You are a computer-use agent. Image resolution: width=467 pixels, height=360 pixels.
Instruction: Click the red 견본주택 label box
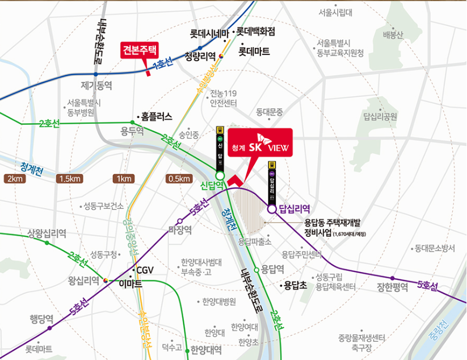tap(142, 49)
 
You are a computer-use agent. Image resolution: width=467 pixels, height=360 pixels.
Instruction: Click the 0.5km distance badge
tap(179, 179)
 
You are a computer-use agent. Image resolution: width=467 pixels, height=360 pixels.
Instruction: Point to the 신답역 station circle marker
tap(220, 175)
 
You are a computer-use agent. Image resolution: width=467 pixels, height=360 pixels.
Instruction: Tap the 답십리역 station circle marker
tap(272, 208)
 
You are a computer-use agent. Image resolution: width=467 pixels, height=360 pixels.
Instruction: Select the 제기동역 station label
tap(97, 85)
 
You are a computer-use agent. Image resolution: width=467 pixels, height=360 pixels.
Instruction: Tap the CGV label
tap(141, 270)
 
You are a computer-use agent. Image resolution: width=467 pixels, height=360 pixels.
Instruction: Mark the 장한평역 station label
tap(392, 287)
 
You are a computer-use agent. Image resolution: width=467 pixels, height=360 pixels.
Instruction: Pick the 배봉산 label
tap(393, 35)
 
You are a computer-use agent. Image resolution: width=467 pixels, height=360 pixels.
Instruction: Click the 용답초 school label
tap(295, 286)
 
